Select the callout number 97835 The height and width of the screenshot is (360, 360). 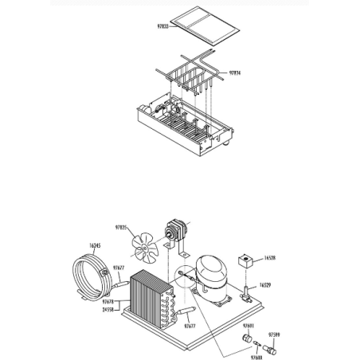coord(122,228)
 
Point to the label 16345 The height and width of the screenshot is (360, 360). coord(95,246)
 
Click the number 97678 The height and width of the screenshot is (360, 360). coord(109,303)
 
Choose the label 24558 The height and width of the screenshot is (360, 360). coord(109,309)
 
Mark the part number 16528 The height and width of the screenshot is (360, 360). coord(268,258)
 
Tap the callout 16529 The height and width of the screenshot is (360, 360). coord(265,284)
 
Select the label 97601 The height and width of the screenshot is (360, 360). coord(248,327)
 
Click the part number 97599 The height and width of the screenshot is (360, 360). coord(274,335)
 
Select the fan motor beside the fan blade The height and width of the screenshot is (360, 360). coord(174,232)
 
